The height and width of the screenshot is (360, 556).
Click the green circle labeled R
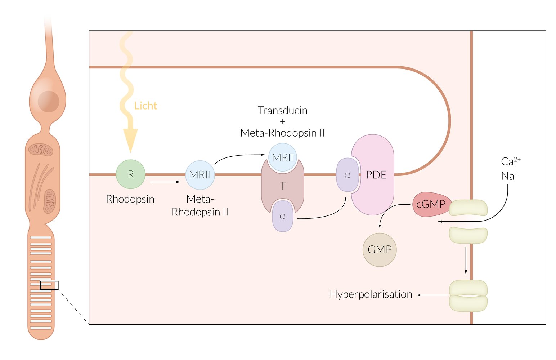[x=130, y=174]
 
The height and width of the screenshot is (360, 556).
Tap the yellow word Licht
[x=145, y=106]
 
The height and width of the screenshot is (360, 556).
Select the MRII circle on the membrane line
[x=200, y=175]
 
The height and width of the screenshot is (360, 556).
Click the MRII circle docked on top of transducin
[x=283, y=157]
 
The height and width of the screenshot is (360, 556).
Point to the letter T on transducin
[x=283, y=186]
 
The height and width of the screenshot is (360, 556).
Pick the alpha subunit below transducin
[x=283, y=216]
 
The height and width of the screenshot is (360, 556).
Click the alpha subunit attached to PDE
[x=347, y=175]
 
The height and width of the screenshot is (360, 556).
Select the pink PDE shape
[x=376, y=175]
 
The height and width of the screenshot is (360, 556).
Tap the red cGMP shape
[x=431, y=204]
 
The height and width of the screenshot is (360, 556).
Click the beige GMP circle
[x=380, y=249]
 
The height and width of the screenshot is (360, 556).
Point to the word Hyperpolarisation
[x=371, y=294]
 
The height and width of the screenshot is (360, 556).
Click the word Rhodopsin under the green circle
[x=130, y=199]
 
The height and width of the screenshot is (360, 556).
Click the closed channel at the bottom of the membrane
[x=468, y=295]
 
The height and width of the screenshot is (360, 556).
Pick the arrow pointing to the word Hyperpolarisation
[x=432, y=295]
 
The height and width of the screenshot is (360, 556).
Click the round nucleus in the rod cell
[x=49, y=102]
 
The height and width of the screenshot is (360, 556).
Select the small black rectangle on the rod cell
[x=49, y=285]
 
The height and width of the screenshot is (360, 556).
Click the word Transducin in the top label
[x=283, y=110]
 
